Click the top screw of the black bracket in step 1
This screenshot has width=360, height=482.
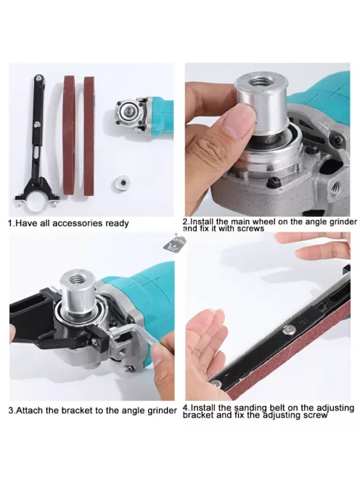click(x=38, y=78)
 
